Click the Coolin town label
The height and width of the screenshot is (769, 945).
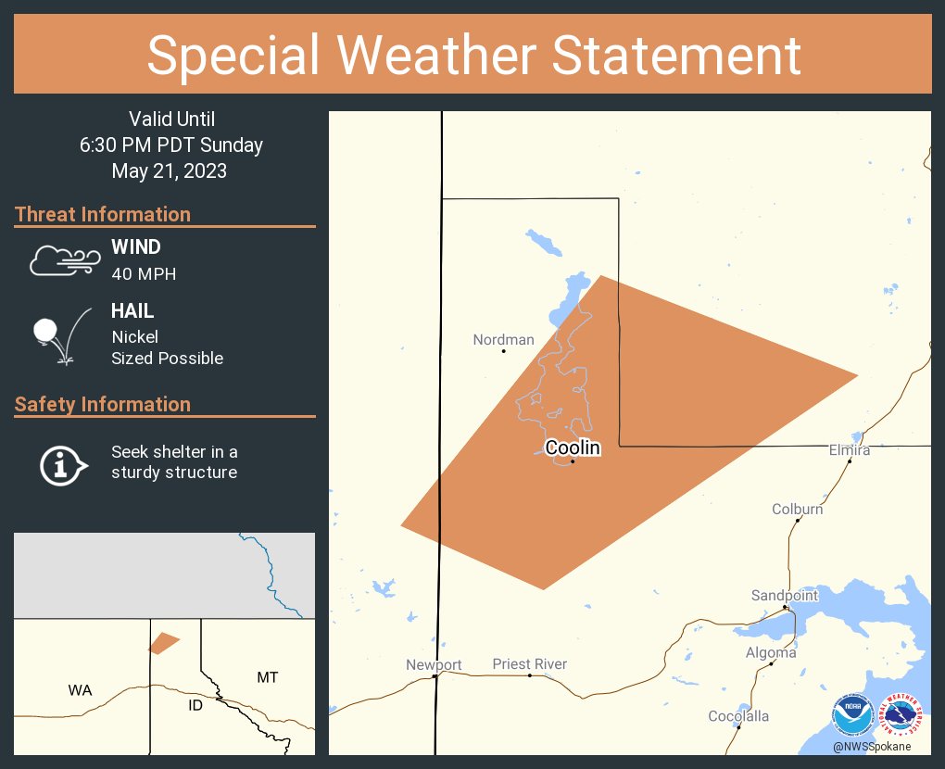573,448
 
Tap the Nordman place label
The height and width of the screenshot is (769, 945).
503,340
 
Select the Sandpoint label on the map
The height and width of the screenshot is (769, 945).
785,596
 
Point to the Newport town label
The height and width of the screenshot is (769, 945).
434,665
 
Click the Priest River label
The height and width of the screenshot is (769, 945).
530,664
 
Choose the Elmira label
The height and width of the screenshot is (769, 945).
850,450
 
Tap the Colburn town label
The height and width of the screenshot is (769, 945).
798,510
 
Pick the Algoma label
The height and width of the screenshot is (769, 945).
771,653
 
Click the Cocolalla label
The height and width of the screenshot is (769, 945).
738,716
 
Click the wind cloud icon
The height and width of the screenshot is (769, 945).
64,260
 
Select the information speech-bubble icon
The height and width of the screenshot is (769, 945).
62,463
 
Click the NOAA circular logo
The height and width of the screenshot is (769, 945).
852,716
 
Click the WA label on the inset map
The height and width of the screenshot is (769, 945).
80,690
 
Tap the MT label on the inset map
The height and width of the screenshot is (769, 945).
267,678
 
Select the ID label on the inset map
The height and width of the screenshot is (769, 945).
195,706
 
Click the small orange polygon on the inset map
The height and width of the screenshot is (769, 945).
163,643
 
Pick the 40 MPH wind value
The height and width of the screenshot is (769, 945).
144,274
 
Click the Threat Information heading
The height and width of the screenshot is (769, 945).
103,215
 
